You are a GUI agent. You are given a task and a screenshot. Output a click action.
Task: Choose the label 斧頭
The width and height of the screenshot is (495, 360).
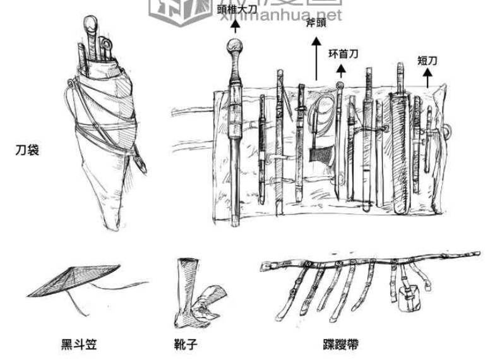pos(315,25)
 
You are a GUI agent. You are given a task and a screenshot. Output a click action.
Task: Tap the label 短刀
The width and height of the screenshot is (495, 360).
pos(427,61)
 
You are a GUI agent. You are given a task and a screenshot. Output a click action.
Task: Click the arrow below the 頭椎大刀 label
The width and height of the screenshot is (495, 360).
pos(236,25)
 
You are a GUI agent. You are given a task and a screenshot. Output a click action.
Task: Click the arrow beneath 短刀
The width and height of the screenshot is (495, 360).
pos(427,78)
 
